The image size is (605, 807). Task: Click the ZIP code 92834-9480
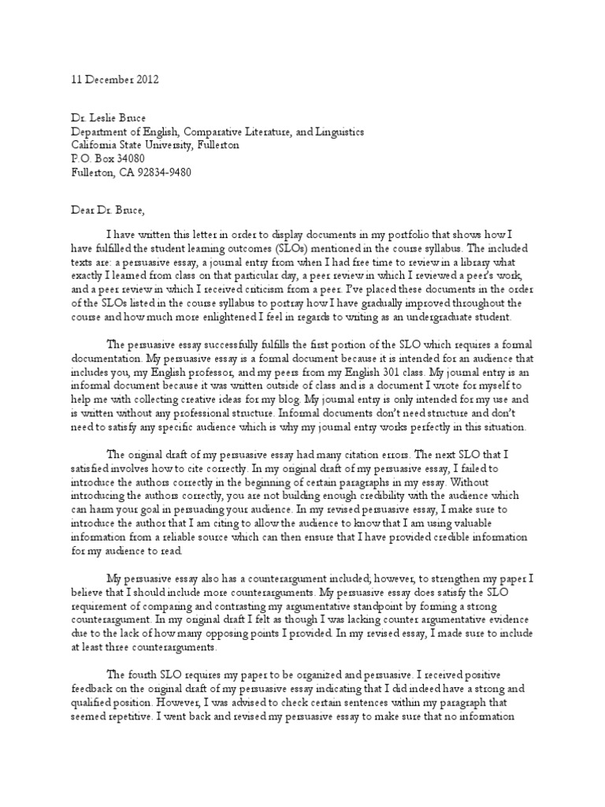coord(158,172)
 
